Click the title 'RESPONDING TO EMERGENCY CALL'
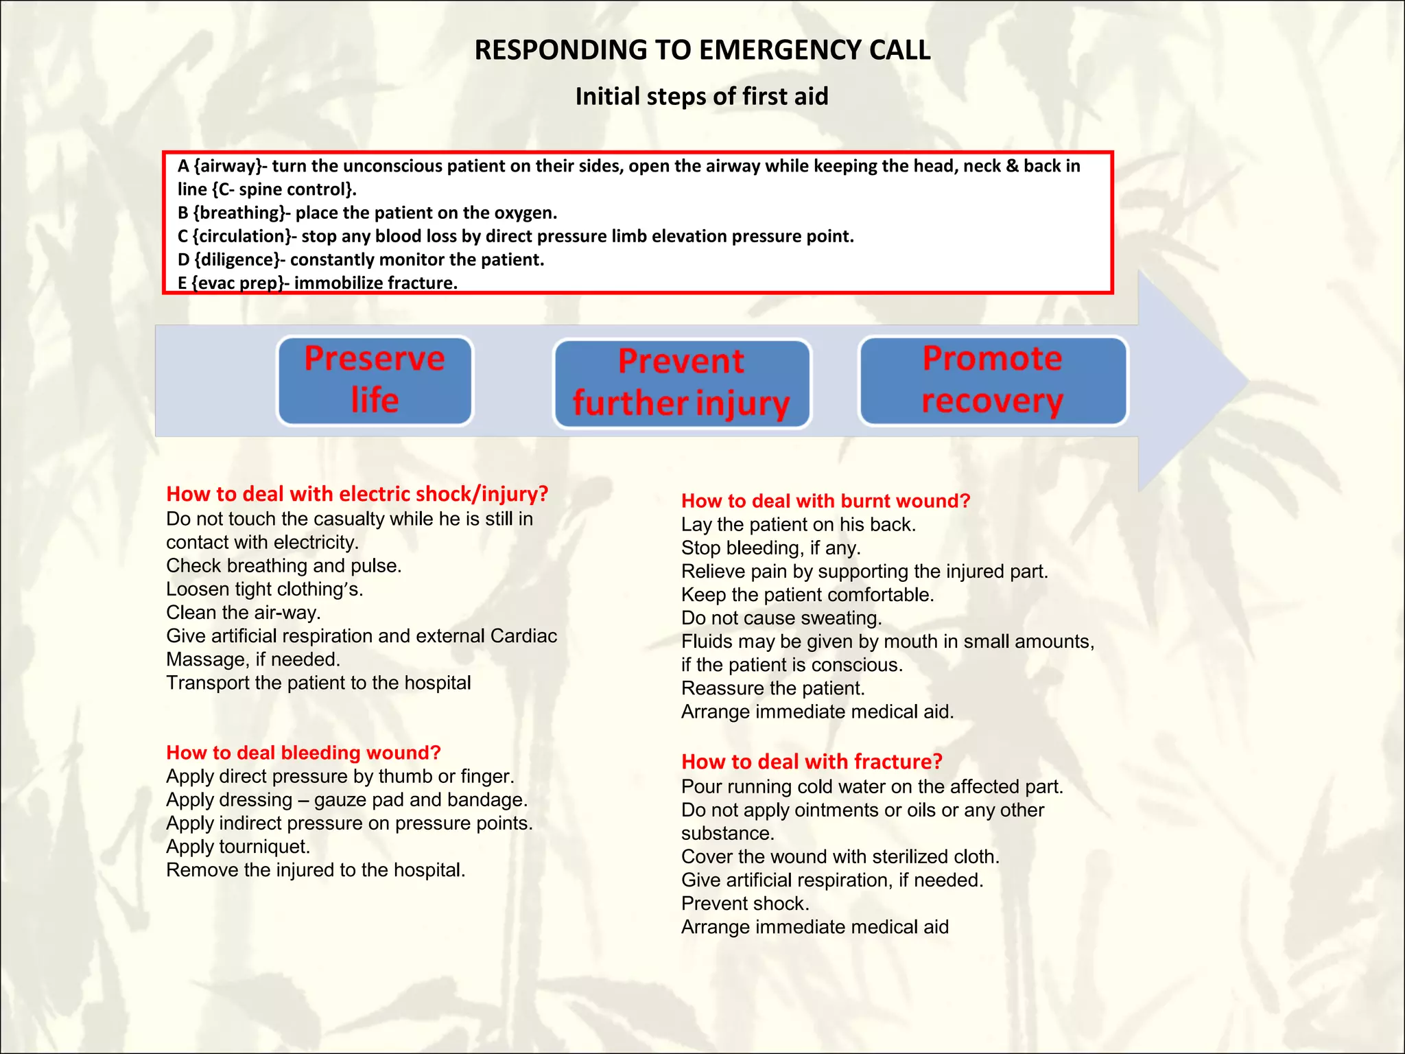click(x=702, y=50)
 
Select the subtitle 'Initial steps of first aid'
click(x=702, y=97)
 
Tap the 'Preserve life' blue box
click(x=375, y=380)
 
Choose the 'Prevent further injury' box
click(x=682, y=383)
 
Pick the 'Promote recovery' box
click(x=993, y=380)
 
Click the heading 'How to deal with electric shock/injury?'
click(x=357, y=494)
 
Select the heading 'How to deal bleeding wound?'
click(x=303, y=753)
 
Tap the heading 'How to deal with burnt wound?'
click(x=825, y=501)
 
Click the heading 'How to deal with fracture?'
click(x=812, y=762)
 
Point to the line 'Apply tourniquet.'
click(x=238, y=847)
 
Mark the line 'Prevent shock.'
click(x=745, y=904)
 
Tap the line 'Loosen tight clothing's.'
click(x=264, y=589)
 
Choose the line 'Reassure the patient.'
click(x=772, y=688)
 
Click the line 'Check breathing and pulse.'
click(x=283, y=566)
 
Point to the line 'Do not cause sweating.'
click(x=781, y=618)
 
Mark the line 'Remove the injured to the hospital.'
click(x=316, y=870)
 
